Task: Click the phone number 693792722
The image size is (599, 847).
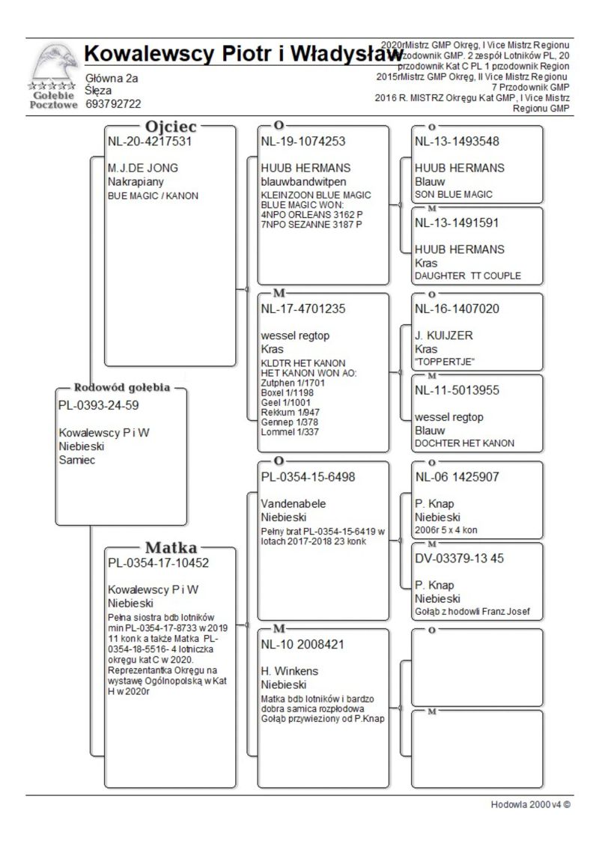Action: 113,104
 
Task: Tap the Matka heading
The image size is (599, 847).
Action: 171,547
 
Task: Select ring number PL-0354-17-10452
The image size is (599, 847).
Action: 158,562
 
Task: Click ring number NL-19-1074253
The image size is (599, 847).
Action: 303,141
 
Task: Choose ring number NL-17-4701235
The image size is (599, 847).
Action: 303,308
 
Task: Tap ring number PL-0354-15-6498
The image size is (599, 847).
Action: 308,476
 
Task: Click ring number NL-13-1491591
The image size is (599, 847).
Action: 457,222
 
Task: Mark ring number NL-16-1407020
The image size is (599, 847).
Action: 457,308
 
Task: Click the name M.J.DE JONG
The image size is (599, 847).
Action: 143,168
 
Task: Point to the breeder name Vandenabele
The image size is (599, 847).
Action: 294,503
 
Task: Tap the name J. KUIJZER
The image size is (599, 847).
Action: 444,336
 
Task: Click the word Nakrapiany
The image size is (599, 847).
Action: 136,181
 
